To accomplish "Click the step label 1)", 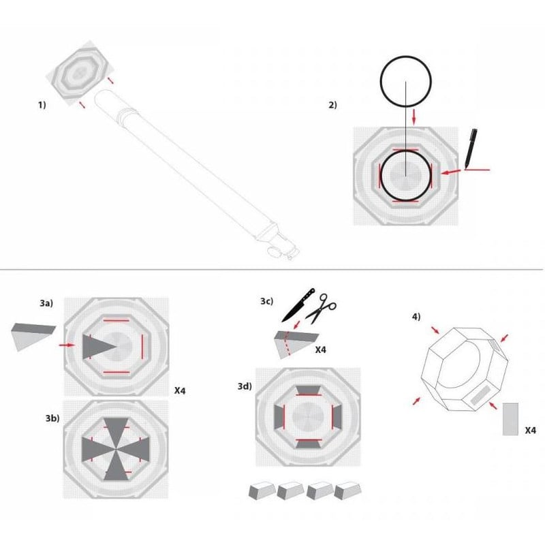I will (42, 105).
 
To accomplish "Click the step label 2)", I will (332, 105).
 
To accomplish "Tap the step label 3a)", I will (46, 300).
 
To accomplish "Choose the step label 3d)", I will (244, 386).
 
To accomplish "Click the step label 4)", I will (416, 317).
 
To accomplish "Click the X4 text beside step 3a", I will (181, 391).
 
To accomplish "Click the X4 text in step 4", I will (532, 431).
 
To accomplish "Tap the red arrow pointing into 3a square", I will (67, 346).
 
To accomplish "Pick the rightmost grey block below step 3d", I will (345, 491).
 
